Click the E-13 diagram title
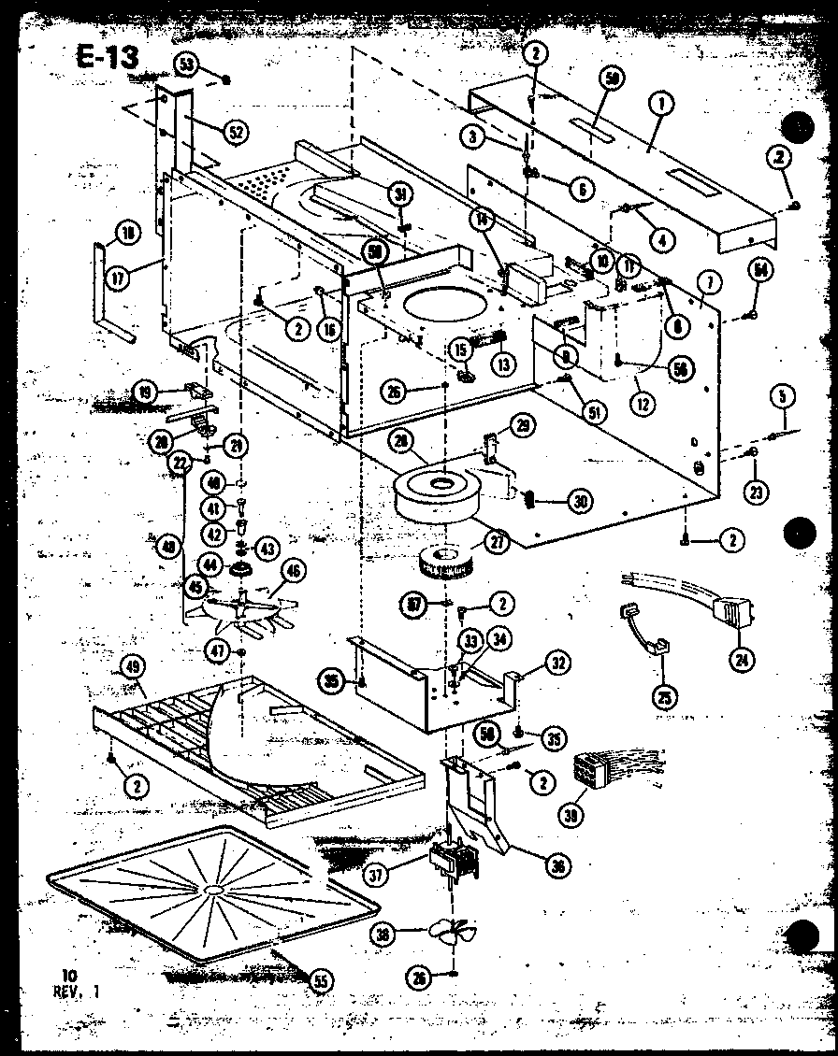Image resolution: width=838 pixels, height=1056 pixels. pyautogui.click(x=107, y=57)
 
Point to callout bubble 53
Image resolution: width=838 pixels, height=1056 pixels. pyautogui.click(x=186, y=64)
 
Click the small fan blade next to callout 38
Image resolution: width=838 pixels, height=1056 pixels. pyautogui.click(x=453, y=933)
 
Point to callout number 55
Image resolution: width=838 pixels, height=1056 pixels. pyautogui.click(x=321, y=980)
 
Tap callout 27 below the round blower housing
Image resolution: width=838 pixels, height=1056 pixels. pyautogui.click(x=497, y=542)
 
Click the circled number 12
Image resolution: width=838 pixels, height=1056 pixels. pyautogui.click(x=642, y=405)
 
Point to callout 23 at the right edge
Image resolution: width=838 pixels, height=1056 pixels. pyautogui.click(x=757, y=490)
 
